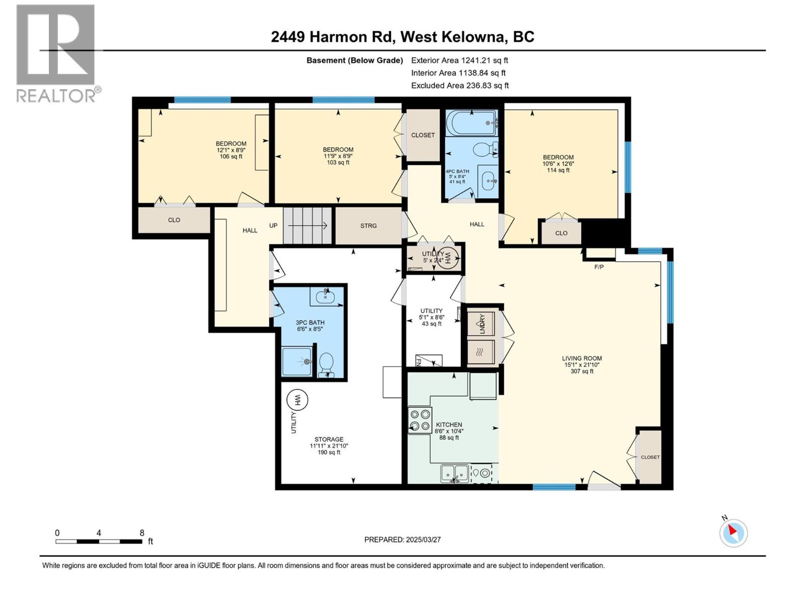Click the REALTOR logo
coord(55,53)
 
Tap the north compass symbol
coord(733,533)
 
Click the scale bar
coord(99,541)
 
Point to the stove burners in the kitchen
coord(420,420)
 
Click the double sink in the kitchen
coord(454,473)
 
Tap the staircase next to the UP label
coord(307,225)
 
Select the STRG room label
coord(368,226)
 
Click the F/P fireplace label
coord(598,267)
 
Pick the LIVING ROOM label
coord(582,358)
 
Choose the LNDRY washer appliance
coord(481,324)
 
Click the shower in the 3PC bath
coord(296,361)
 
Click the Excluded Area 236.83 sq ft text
coord(459,86)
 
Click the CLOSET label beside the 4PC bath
coord(423,135)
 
